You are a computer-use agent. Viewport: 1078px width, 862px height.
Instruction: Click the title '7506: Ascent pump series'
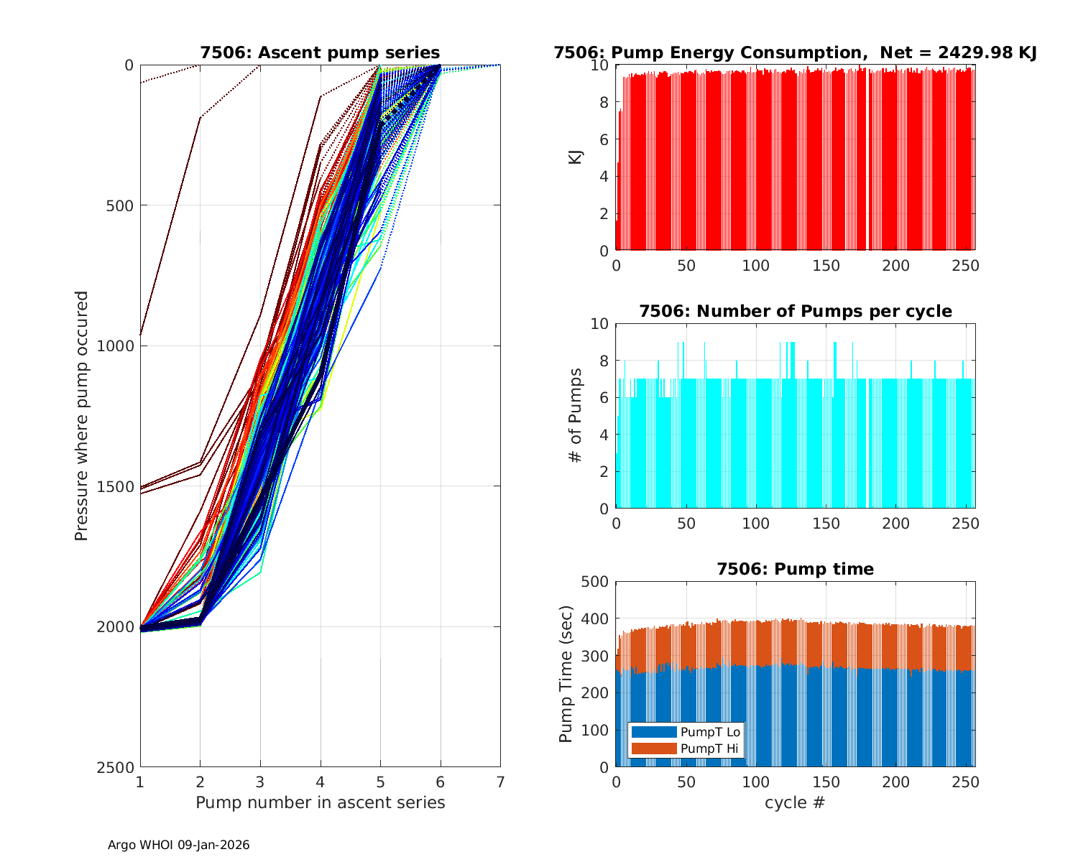click(x=320, y=52)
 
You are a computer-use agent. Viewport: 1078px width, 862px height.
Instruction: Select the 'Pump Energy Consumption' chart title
click(x=795, y=52)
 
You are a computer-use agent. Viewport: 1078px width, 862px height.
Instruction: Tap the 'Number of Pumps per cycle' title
click(x=795, y=311)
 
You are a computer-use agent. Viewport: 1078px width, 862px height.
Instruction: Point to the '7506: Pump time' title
click(x=795, y=569)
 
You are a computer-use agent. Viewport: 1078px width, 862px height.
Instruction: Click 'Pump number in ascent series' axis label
click(x=320, y=802)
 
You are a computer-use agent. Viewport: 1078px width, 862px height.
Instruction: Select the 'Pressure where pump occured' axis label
click(x=81, y=416)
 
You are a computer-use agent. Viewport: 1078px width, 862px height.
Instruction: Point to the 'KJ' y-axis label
click(x=576, y=157)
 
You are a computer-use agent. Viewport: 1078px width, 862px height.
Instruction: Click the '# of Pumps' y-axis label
click(x=576, y=415)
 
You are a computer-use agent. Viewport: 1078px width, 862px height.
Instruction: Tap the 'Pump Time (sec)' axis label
click(x=566, y=674)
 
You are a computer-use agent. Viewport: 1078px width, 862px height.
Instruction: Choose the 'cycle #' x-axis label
click(x=795, y=802)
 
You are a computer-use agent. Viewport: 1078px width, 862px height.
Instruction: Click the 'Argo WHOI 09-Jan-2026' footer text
click(x=178, y=845)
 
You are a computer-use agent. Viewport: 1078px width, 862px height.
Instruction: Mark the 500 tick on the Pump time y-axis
click(x=596, y=582)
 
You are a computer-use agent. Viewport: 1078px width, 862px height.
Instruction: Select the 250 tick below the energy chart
click(x=966, y=266)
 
